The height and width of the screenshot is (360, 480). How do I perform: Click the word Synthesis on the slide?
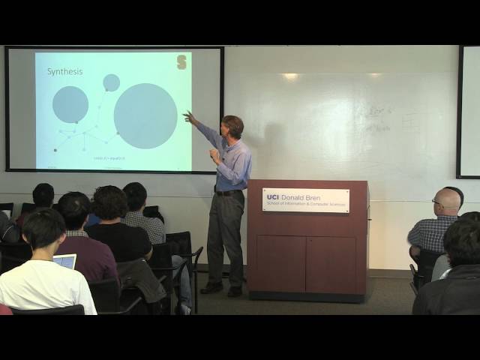coord(65,72)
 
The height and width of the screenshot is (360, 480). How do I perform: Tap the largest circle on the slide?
coord(145,115)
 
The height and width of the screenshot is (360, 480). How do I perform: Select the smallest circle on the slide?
coord(111,82)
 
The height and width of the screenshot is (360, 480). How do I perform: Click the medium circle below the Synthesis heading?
coord(70,104)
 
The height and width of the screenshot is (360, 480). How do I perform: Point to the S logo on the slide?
coord(181,62)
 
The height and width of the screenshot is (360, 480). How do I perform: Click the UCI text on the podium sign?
coord(273,196)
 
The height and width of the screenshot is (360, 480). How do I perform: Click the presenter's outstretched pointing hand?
coord(188,117)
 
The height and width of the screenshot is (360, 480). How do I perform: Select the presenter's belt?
coord(228,193)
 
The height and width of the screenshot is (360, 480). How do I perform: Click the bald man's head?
coord(447,200)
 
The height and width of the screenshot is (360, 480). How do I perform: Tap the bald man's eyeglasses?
coord(438,202)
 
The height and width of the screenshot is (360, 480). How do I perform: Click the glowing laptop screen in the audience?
coord(65,261)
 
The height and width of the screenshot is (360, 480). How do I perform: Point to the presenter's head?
coord(232,126)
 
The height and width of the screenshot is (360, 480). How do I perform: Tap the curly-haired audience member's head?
coord(110,203)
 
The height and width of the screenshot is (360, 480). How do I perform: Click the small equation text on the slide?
coord(109,158)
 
